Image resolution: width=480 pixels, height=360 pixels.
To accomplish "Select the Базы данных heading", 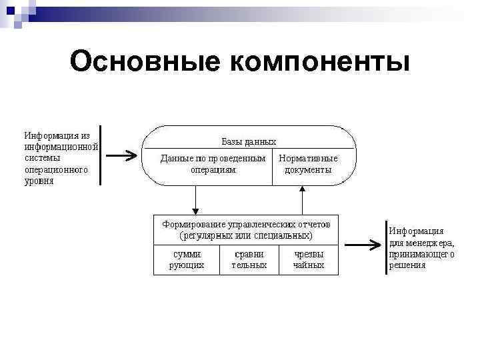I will click(248, 141).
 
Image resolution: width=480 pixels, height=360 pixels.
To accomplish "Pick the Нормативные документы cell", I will click(308, 164).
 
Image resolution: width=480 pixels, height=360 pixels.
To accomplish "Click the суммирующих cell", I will click(187, 259).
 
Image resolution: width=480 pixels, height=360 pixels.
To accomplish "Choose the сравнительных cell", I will click(249, 259).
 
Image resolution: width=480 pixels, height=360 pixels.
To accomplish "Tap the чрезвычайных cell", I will click(309, 259).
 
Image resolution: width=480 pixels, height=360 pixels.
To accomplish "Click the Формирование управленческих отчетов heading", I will click(245, 223).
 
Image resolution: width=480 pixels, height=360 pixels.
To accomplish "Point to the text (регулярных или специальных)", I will click(245, 235).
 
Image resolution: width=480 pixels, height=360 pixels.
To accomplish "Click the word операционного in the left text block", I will click(56, 169).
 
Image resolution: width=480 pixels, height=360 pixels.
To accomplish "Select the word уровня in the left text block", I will click(39, 181).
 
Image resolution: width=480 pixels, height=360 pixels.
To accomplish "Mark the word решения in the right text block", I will click(407, 265).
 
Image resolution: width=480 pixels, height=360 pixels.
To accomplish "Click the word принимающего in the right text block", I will click(421, 253).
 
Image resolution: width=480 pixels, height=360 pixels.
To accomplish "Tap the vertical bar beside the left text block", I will click(99, 155).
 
